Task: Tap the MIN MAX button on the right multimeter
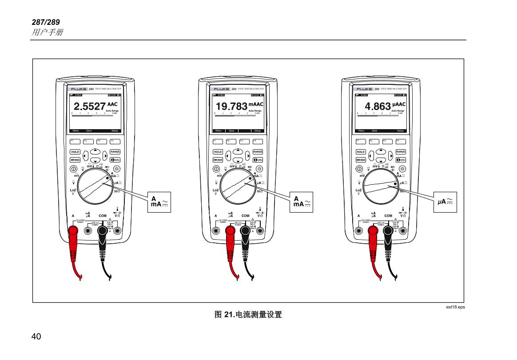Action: click(x=360, y=160)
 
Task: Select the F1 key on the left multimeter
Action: click(x=75, y=141)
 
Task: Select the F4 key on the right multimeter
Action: click(x=401, y=141)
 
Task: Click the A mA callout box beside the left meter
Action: click(x=160, y=202)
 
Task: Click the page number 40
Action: click(x=36, y=336)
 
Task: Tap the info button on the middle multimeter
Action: click(x=258, y=160)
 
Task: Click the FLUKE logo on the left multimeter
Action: click(x=79, y=89)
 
